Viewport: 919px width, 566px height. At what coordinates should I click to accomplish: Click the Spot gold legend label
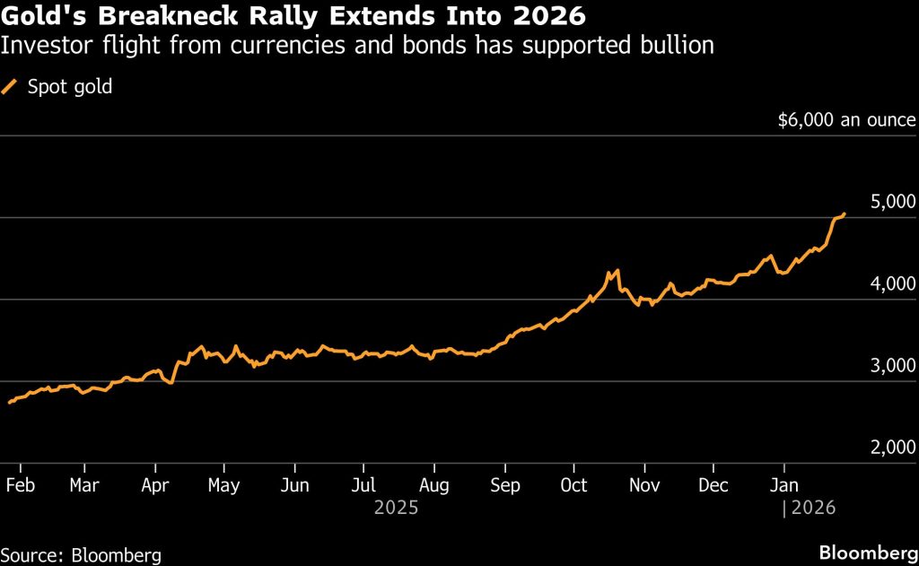tap(70, 87)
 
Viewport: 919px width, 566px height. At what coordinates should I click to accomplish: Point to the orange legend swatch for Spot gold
tap(12, 87)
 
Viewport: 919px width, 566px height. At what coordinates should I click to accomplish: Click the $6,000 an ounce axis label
tap(847, 120)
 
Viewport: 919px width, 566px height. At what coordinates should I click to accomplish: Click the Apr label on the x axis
tap(155, 485)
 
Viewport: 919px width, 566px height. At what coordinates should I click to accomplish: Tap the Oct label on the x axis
tap(573, 485)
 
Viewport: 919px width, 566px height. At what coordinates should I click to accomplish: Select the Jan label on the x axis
tap(784, 485)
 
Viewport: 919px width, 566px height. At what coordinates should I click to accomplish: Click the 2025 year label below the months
tap(395, 508)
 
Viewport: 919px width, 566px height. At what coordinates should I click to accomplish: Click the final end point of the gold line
tap(845, 214)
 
